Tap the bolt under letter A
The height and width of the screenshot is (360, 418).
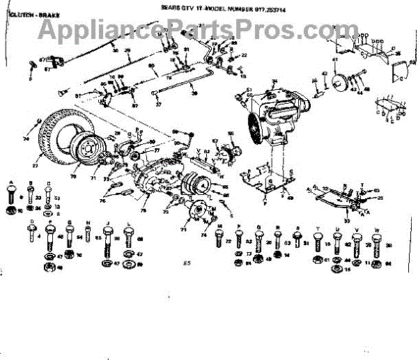[x=11, y=193]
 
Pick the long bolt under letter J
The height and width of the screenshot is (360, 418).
[x=109, y=237]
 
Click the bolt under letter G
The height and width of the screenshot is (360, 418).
[x=70, y=235]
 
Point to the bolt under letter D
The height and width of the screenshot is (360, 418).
[x=32, y=235]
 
